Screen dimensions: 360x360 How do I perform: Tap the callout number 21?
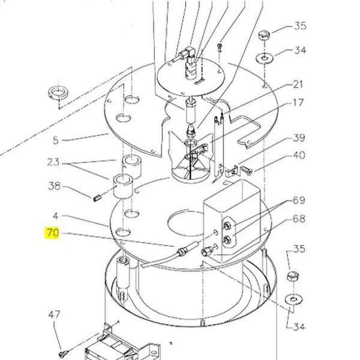(298, 84)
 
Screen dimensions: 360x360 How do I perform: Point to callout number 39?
(299, 139)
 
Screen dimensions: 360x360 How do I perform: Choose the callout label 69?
(299, 200)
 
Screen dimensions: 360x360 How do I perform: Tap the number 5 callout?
(56, 141)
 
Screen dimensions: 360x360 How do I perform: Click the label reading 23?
(53, 161)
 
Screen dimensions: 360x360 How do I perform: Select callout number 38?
(54, 186)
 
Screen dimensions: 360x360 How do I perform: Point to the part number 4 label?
(56, 215)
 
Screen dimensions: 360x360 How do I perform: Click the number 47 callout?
(54, 314)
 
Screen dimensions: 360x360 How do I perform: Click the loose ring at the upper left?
(58, 93)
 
